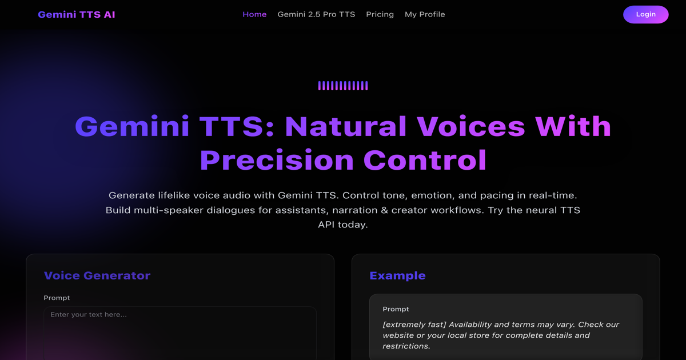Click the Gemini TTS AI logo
tap(77, 14)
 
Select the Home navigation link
tap(254, 14)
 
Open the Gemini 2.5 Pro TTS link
tap(316, 14)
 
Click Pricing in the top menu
tap(380, 14)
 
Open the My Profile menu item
tap(425, 14)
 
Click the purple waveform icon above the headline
tap(343, 86)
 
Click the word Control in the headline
tap(425, 160)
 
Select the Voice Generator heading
tap(97, 275)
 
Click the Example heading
tap(397, 275)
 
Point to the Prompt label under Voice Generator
tap(57, 298)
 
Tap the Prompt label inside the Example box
tap(396, 309)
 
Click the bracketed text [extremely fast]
tap(414, 325)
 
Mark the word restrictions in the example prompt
tap(406, 346)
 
